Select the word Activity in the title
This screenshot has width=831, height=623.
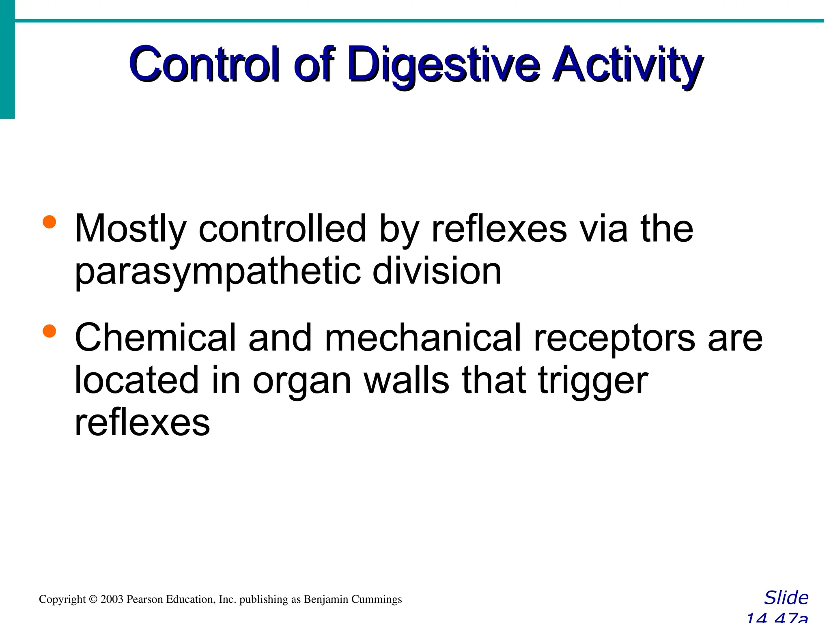(x=628, y=65)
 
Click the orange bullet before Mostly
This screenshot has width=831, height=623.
(x=49, y=222)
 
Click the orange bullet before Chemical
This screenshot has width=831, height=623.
(x=49, y=331)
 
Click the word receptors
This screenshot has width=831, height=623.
(x=614, y=339)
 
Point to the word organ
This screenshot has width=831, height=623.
(x=302, y=382)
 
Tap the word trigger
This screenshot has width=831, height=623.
(x=592, y=382)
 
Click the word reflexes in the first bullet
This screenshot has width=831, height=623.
(x=499, y=229)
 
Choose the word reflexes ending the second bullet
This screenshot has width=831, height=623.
(x=142, y=423)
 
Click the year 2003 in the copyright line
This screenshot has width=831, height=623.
(x=112, y=599)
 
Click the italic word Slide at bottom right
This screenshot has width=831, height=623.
(x=786, y=598)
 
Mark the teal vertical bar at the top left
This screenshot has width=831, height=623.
(x=7, y=59)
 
